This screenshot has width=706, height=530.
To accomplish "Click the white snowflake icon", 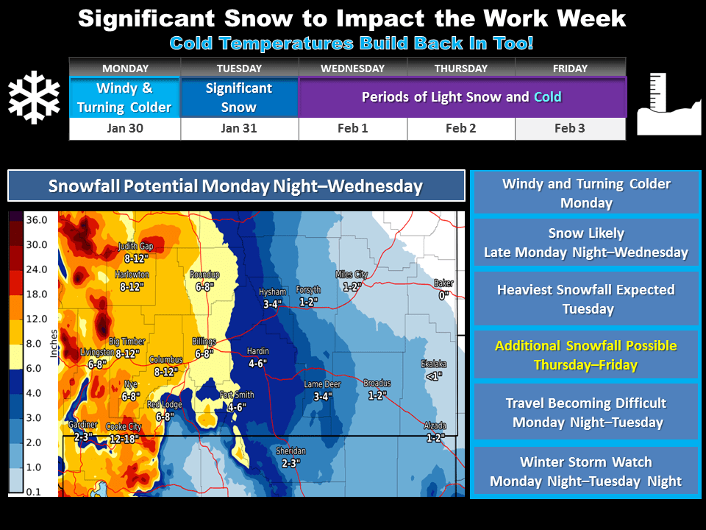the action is coord(34,97).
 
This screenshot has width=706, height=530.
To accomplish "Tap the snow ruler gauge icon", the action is coord(669,104).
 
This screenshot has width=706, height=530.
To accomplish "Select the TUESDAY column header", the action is coord(239,68).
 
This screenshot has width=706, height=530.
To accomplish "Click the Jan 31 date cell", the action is coord(239,128).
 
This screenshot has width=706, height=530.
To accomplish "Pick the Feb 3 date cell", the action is coord(570,128).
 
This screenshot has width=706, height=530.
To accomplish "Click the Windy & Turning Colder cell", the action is coord(125,97).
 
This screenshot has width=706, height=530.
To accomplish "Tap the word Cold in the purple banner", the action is coord(547,97).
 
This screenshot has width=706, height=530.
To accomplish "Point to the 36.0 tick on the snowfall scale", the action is coord(37,220).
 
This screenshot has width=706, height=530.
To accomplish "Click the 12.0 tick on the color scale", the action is coord(37,319).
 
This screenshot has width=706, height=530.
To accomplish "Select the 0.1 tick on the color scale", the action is coord(33,492).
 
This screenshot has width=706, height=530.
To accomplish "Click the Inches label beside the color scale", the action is coord(54,344).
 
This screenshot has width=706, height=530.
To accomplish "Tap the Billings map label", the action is coord(204,342).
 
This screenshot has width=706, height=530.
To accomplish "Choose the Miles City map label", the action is coord(352,275).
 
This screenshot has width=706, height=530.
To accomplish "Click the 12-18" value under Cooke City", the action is coord(124,439).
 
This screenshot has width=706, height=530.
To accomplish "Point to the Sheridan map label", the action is coord(291,451).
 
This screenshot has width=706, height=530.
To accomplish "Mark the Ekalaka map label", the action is coord(434,364).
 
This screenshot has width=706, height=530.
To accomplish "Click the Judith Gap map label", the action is coord(135,246).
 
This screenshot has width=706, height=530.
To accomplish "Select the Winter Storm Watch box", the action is coord(586,471).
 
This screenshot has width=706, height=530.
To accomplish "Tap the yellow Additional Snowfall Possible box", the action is coord(586,355).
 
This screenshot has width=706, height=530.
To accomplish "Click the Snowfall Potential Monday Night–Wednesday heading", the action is coord(236,185).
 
